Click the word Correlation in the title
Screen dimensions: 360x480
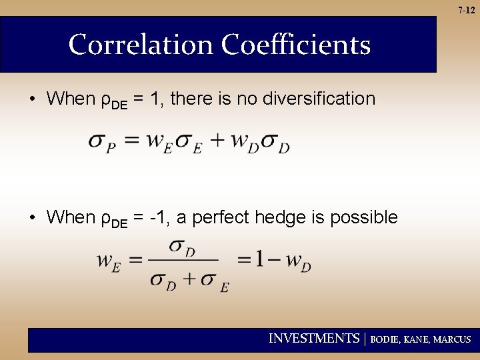pyautogui.click(x=141, y=45)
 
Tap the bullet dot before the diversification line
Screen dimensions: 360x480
pyautogui.click(x=32, y=99)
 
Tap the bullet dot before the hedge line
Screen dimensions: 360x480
pyautogui.click(x=32, y=218)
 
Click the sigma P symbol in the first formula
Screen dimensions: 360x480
pyautogui.click(x=101, y=143)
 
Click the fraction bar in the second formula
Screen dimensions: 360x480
pyautogui.click(x=185, y=261)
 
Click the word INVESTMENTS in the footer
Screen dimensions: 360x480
pyautogui.click(x=313, y=339)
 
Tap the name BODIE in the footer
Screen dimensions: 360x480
pyautogui.click(x=385, y=339)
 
